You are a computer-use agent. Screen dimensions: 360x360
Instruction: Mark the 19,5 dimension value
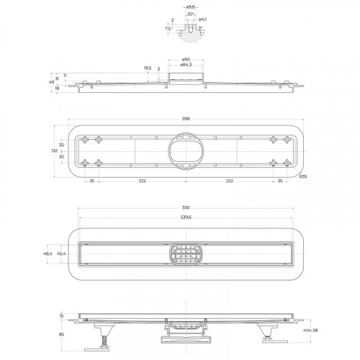coord(148,68)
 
